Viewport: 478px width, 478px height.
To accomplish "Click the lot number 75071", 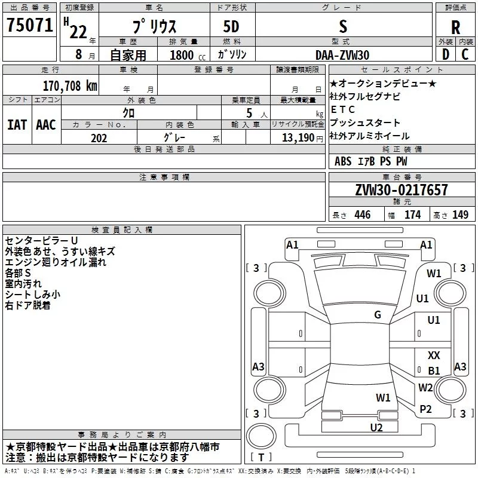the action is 30,24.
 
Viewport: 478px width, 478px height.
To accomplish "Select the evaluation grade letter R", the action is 455,27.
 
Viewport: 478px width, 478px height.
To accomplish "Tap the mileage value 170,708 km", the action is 70,86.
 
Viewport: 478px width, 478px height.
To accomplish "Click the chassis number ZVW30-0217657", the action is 402,189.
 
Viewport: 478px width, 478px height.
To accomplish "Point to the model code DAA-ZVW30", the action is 342,55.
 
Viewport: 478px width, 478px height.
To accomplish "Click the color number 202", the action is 99,138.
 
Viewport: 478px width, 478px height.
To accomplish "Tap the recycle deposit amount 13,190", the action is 298,137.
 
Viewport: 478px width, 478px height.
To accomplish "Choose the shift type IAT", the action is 17,125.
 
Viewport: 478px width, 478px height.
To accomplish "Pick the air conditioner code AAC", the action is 46,125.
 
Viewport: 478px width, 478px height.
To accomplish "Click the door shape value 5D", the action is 231,26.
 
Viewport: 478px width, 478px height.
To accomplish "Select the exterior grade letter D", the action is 446,54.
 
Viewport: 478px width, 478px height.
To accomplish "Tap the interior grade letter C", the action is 465,54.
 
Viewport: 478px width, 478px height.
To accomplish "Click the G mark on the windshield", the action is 378,315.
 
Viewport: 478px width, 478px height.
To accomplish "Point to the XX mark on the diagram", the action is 434,355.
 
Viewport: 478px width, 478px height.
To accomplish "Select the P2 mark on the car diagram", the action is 425,409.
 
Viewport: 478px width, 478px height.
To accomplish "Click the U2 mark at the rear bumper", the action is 376,427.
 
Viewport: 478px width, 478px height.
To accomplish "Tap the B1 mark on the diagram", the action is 434,370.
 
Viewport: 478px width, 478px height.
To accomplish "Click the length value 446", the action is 363,215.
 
